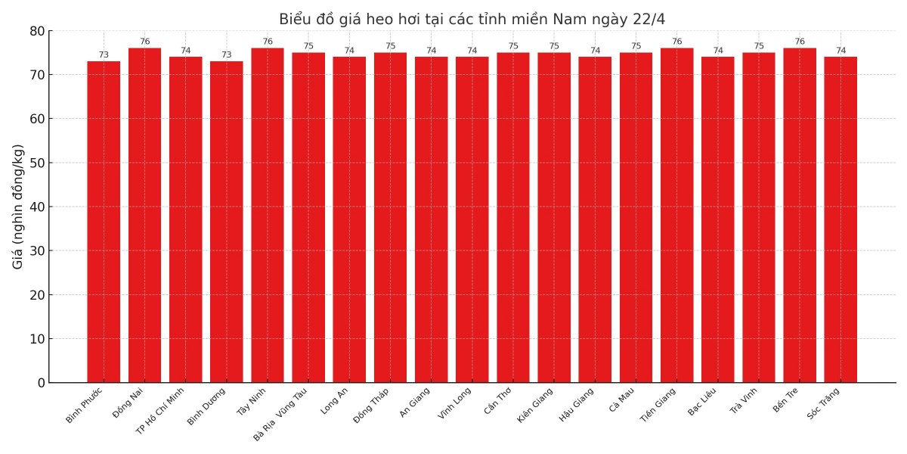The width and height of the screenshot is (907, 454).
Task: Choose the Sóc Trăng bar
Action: pyautogui.click(x=840, y=219)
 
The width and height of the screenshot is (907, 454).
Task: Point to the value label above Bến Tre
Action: pyautogui.click(x=800, y=42)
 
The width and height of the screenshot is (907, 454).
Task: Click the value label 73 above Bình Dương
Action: pyautogui.click(x=227, y=55)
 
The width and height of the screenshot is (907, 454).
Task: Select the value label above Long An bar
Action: pyautogui.click(x=349, y=51)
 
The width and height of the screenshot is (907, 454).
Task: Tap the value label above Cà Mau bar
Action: pyautogui.click(x=636, y=46)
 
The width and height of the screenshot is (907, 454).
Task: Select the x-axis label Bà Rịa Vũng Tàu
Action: pyautogui.click(x=280, y=414)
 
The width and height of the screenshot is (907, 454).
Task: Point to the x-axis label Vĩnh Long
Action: pyautogui.click(x=455, y=403)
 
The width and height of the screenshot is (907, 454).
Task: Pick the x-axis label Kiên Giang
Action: pyautogui.click(x=535, y=405)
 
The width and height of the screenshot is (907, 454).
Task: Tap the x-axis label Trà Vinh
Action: pyautogui.click(x=743, y=400)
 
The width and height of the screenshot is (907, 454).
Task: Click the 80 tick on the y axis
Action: pyautogui.click(x=37, y=31)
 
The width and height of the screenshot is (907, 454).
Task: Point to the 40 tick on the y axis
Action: pyautogui.click(x=37, y=207)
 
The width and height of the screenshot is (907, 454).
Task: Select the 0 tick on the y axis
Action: pyautogui.click(x=41, y=383)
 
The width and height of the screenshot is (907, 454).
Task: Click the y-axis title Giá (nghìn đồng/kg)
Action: pyautogui.click(x=18, y=207)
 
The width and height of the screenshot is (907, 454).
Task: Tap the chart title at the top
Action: pyautogui.click(x=472, y=19)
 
